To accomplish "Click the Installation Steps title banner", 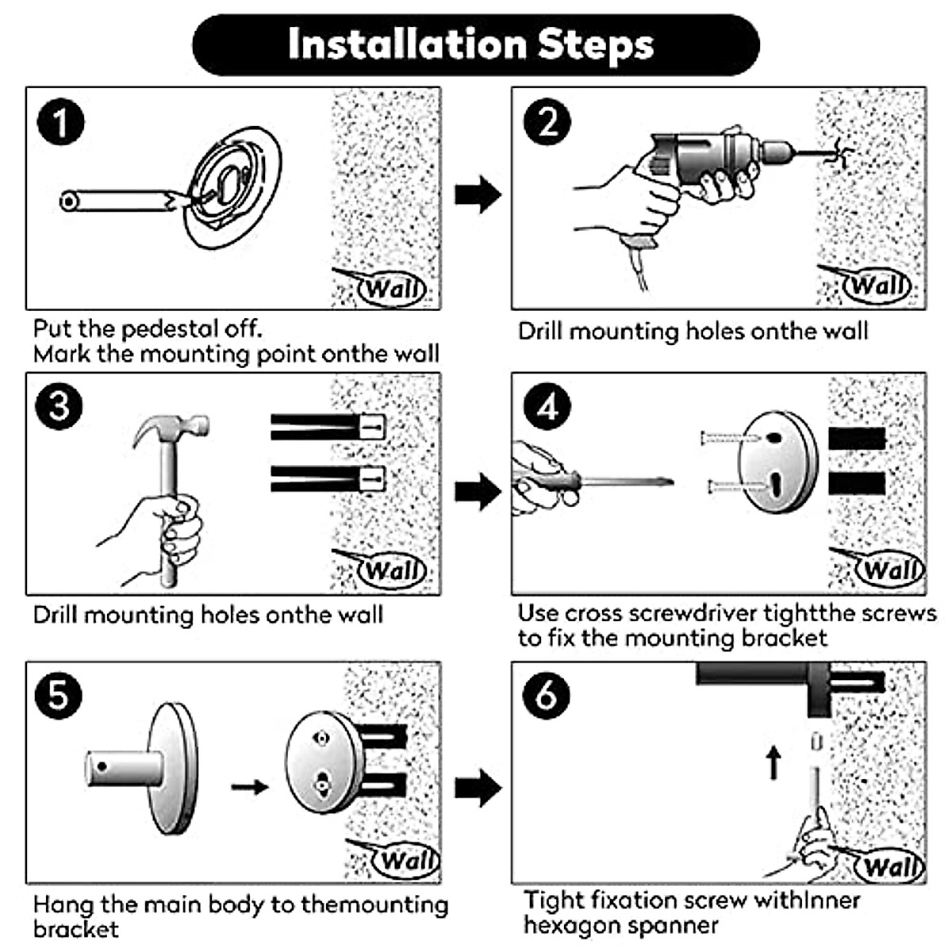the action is point(476,44).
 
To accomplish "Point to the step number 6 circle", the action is point(546,696).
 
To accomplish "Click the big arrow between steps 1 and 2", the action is point(478,195).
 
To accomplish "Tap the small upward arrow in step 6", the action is point(774,762).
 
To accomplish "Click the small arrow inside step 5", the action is point(250,787).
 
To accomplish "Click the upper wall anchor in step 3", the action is point(327,427).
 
